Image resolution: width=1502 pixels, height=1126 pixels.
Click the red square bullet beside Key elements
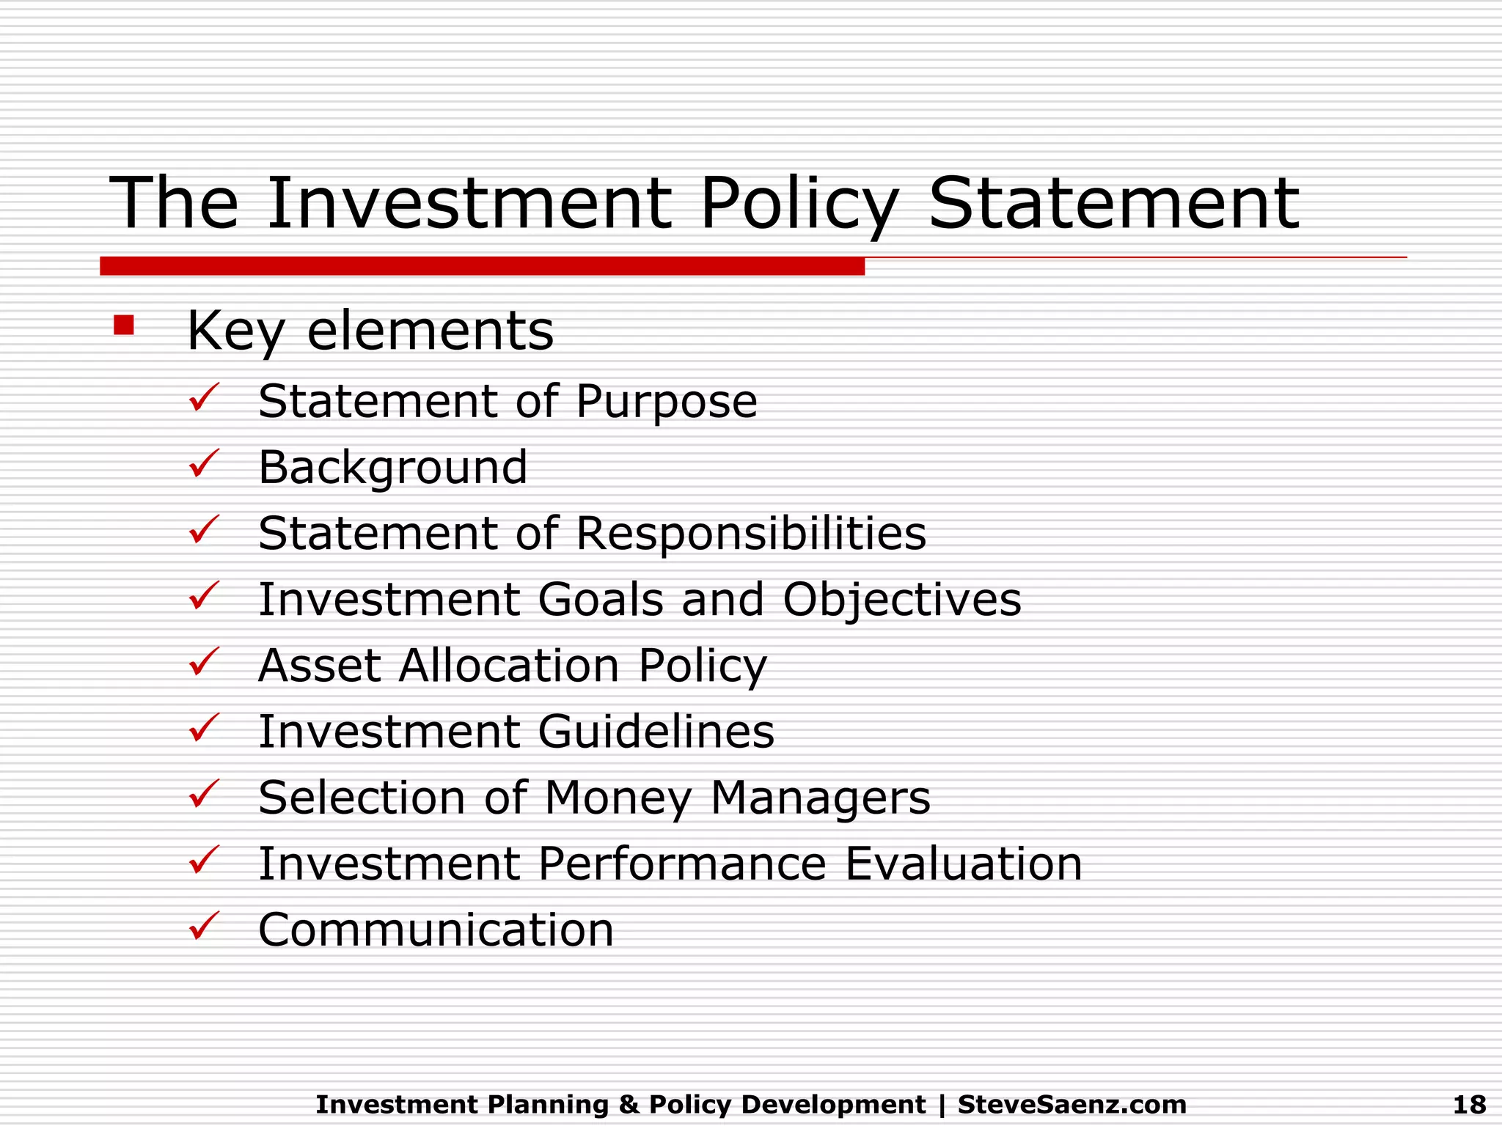124,325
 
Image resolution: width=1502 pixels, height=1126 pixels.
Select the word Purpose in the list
666,402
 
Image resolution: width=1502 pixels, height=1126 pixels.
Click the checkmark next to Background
204,463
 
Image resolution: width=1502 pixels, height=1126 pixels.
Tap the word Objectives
901,600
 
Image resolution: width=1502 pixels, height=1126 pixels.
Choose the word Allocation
509,666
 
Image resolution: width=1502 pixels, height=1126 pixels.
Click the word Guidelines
656,732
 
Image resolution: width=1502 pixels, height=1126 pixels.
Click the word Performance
682,864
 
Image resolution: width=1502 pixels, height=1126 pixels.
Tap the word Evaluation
963,864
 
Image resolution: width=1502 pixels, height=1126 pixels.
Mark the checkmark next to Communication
204,925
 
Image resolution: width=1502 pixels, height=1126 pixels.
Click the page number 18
1469,1104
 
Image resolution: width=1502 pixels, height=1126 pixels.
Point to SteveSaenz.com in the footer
1071,1104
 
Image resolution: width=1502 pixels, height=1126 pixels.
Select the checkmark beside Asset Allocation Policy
204,661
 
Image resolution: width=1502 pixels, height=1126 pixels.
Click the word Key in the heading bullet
235,331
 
